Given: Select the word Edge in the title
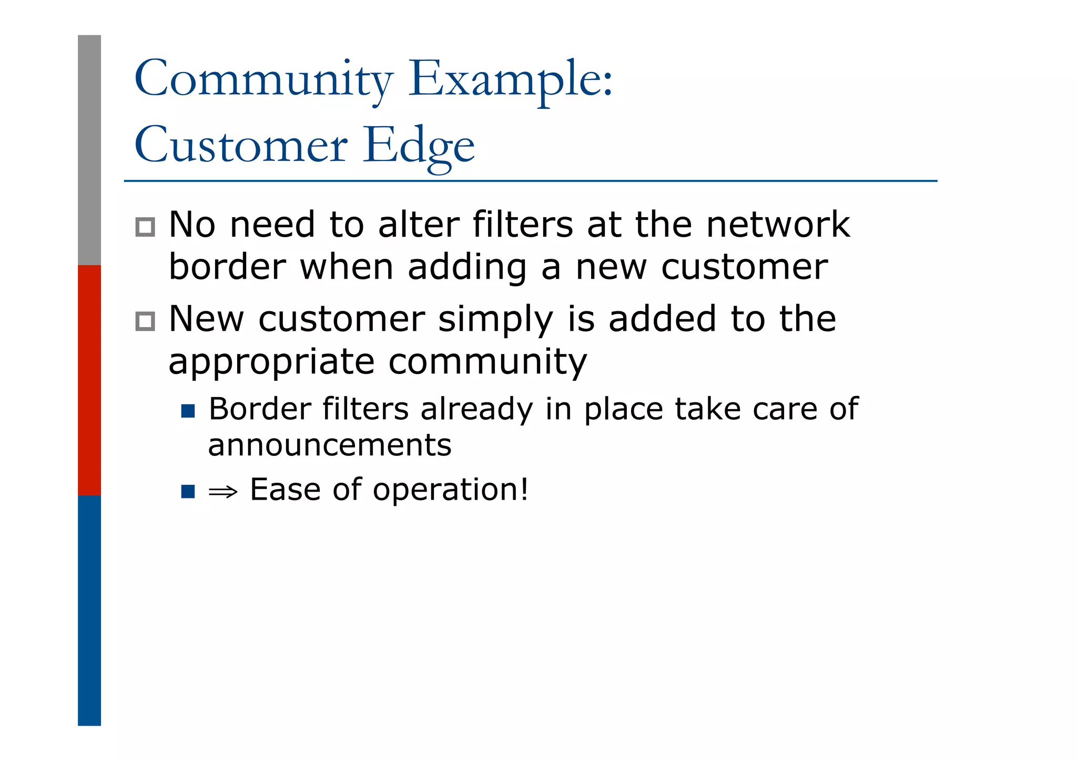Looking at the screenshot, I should click(x=419, y=146).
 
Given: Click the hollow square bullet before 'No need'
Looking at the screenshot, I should click(x=145, y=227).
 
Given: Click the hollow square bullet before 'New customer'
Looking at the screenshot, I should click(x=145, y=321).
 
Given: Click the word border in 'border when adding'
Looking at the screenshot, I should click(x=227, y=267).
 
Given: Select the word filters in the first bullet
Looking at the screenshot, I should click(x=522, y=225).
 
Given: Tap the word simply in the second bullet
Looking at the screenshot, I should click(x=495, y=320).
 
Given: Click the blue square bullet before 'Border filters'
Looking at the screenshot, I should click(x=188, y=411).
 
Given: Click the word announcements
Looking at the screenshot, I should click(x=330, y=446).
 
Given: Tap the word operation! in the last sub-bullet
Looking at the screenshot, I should click(x=450, y=490).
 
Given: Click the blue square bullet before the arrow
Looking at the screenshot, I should click(x=188, y=492).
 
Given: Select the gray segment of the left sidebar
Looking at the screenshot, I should click(x=89, y=150).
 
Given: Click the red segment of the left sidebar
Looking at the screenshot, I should click(x=89, y=380).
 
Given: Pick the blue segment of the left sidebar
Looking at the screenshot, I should click(x=89, y=610).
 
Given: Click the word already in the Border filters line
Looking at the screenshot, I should click(x=476, y=410).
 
